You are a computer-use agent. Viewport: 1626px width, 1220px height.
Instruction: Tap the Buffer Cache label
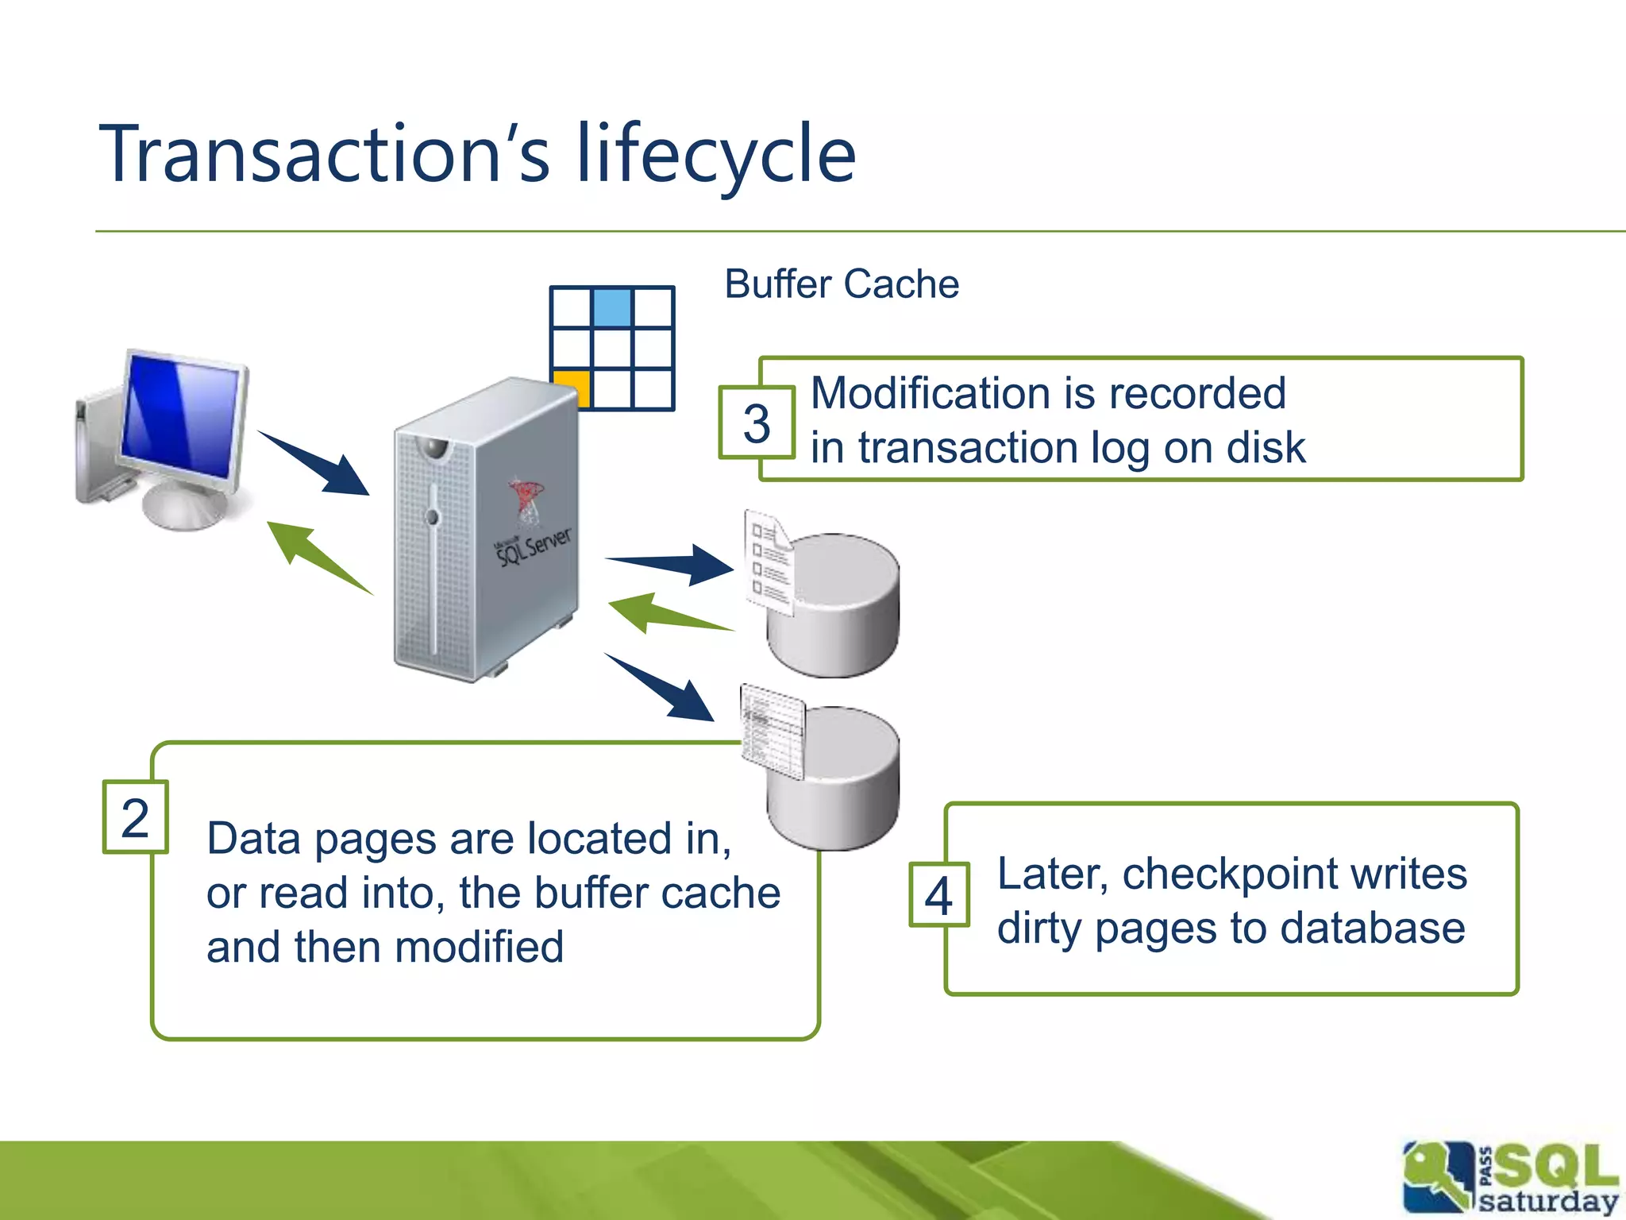pyautogui.click(x=842, y=284)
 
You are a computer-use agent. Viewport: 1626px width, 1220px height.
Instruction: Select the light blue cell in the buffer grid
pyautogui.click(x=612, y=307)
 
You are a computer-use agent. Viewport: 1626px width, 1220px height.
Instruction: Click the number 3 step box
pyautogui.click(x=757, y=423)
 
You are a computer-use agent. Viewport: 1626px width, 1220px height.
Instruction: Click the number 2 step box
pyautogui.click(x=135, y=817)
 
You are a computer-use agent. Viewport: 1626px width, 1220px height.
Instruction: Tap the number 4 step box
pyautogui.click(x=939, y=895)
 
